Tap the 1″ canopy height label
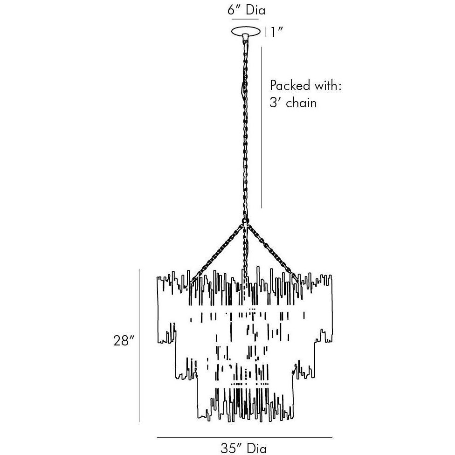(276, 32)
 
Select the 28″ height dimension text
(124, 341)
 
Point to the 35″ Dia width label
(244, 448)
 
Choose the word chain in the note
(301, 103)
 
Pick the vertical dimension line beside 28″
(139, 345)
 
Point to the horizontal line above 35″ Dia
(244, 438)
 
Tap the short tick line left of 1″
(266, 32)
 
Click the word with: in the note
(327, 86)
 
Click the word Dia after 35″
(256, 448)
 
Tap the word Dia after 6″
(255, 10)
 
